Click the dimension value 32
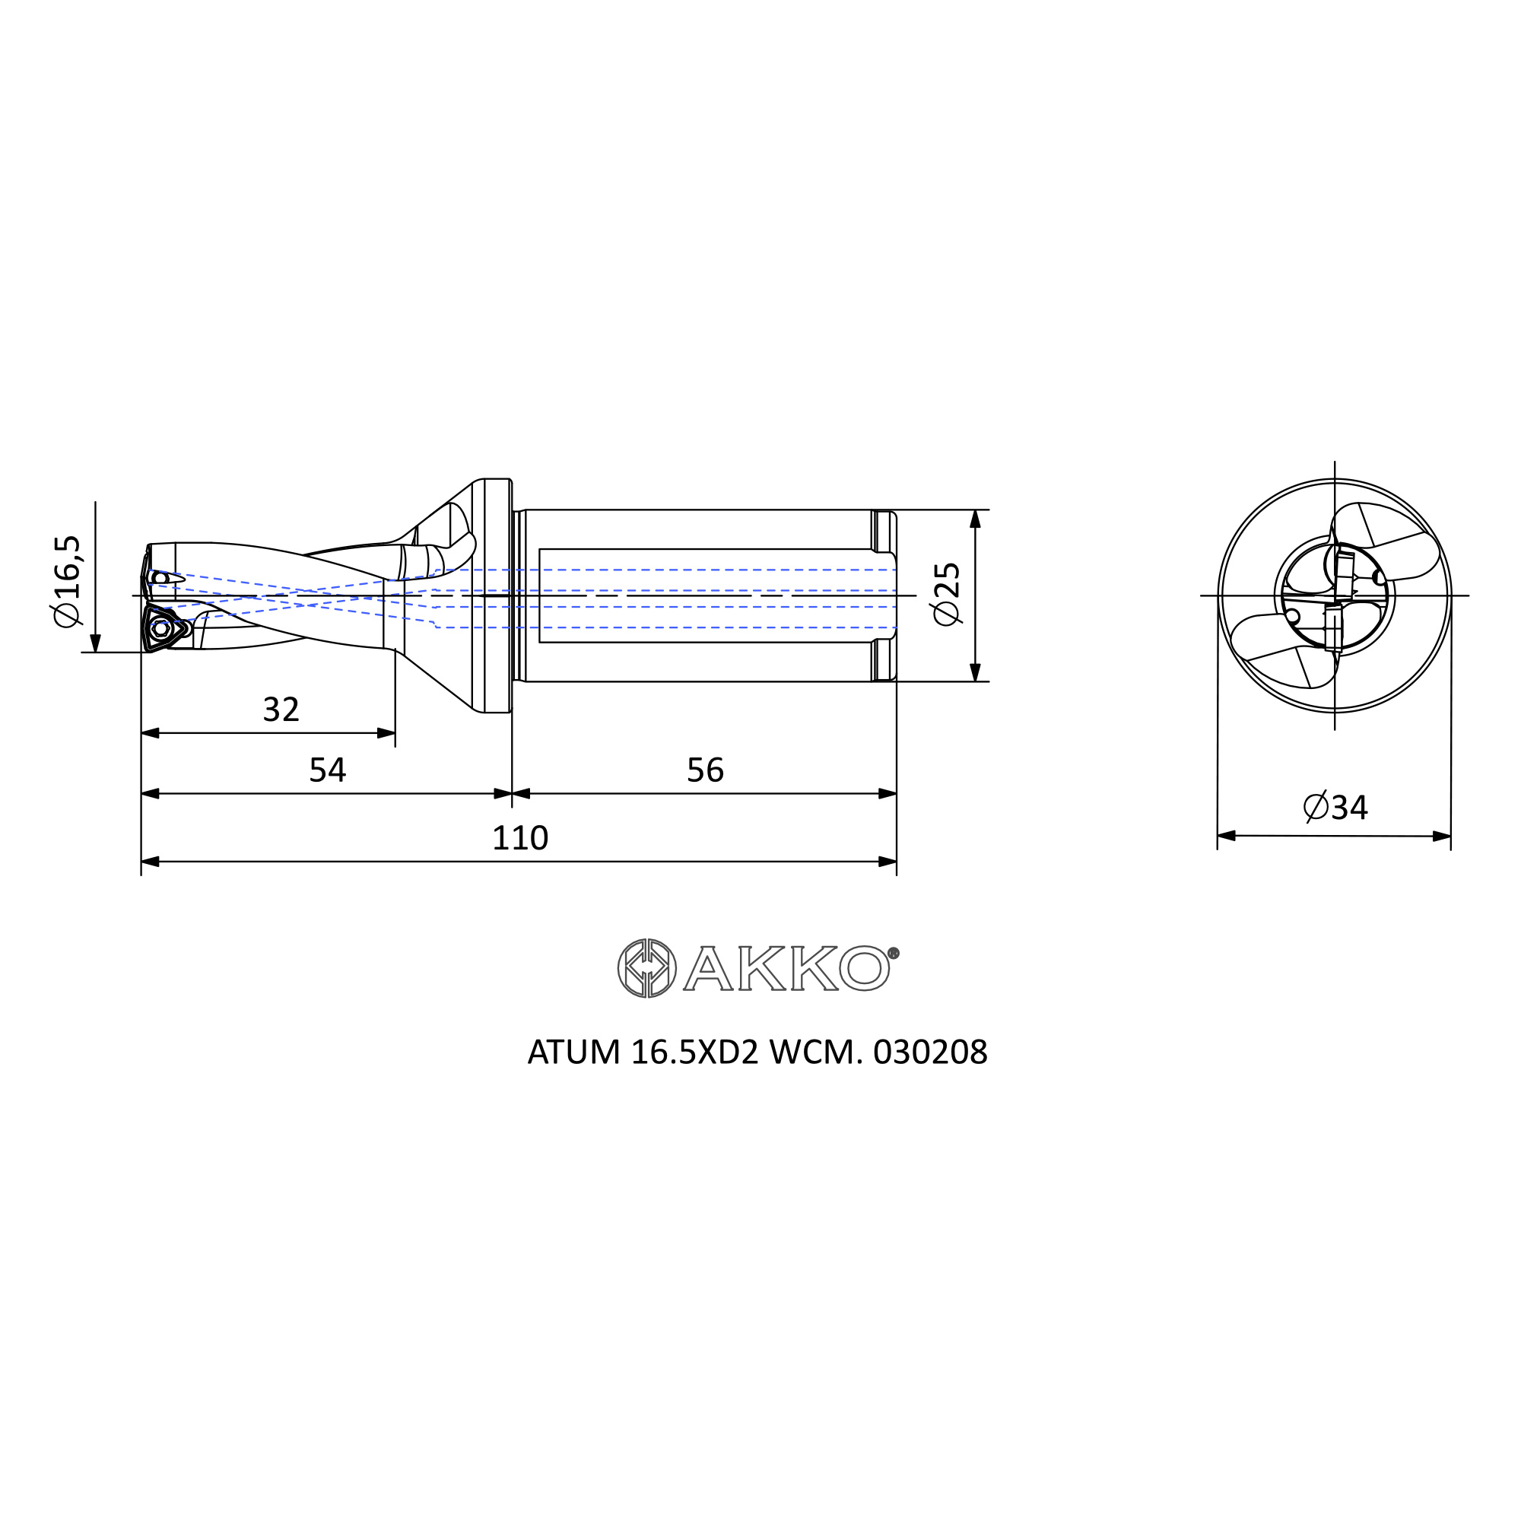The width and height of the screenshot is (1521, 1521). pos(281,710)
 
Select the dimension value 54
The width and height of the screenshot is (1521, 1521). pos(328,770)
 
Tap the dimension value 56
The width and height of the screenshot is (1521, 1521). pos(706,770)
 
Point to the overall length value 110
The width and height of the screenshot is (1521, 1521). pos(519,837)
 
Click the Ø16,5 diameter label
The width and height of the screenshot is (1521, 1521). pos(68,581)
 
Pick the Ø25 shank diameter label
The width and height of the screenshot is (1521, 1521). pos(947,594)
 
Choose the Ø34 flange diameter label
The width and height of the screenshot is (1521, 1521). pos(1336,807)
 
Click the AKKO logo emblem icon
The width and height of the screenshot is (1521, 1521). pos(647,968)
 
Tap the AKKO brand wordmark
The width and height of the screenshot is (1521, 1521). pos(787,968)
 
